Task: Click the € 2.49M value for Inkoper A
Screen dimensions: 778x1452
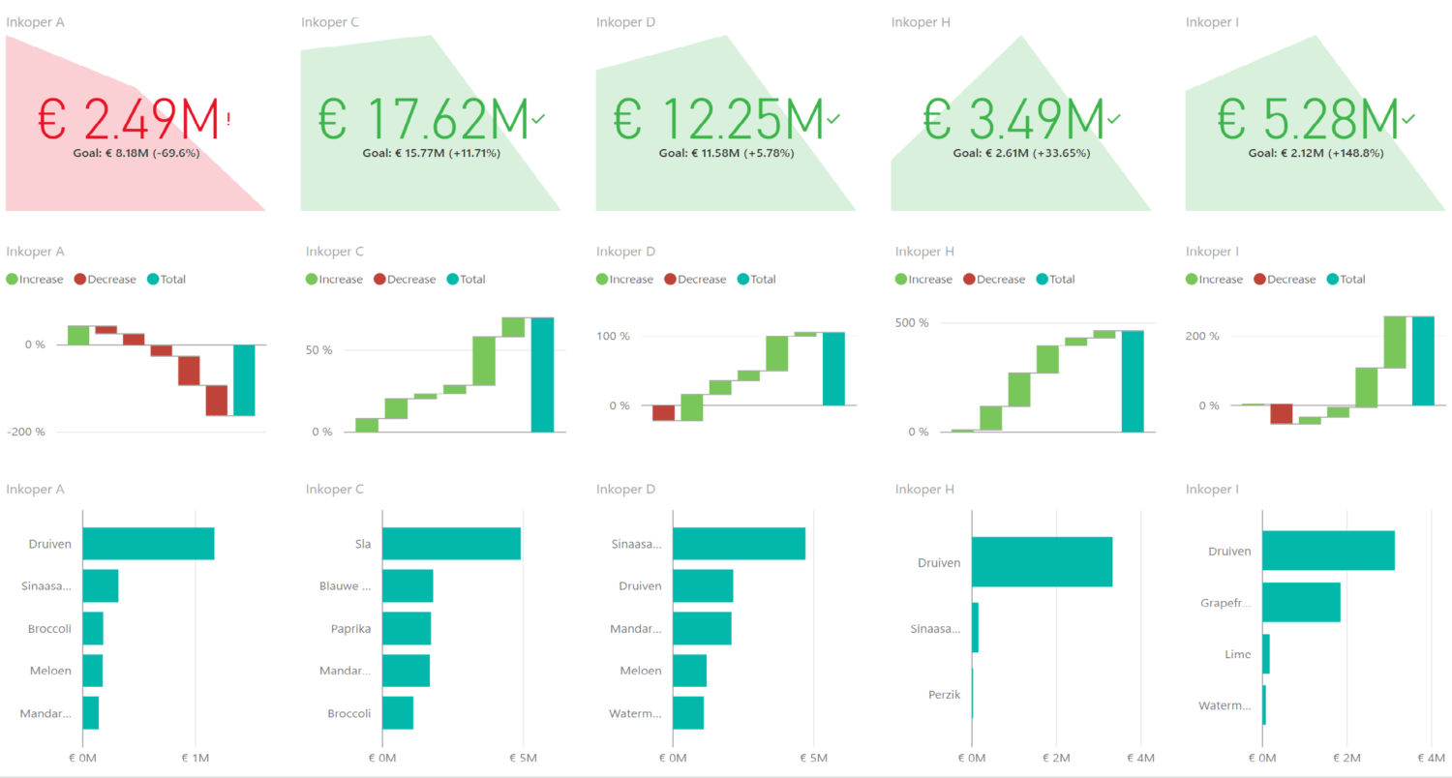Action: pyautogui.click(x=129, y=118)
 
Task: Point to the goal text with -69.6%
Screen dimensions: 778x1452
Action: pyautogui.click(x=136, y=153)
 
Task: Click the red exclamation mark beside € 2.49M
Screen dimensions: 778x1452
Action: pyautogui.click(x=228, y=119)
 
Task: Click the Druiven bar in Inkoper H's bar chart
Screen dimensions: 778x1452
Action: pyautogui.click(x=1042, y=561)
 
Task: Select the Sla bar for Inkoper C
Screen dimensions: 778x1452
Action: pyautogui.click(x=451, y=544)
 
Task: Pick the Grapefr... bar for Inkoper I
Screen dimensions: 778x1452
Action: pyautogui.click(x=1301, y=602)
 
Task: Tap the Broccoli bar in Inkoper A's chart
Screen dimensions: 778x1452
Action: pyautogui.click(x=93, y=628)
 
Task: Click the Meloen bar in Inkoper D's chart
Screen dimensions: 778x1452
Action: pyautogui.click(x=689, y=671)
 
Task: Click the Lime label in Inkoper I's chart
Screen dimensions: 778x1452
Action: pyautogui.click(x=1237, y=654)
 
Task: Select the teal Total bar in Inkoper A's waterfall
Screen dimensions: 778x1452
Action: pyautogui.click(x=244, y=380)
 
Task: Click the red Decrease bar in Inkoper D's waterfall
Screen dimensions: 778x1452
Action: pyautogui.click(x=663, y=413)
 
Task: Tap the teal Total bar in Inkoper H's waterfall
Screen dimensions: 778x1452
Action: pyautogui.click(x=1133, y=381)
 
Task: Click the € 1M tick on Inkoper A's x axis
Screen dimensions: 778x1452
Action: pyautogui.click(x=196, y=758)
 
